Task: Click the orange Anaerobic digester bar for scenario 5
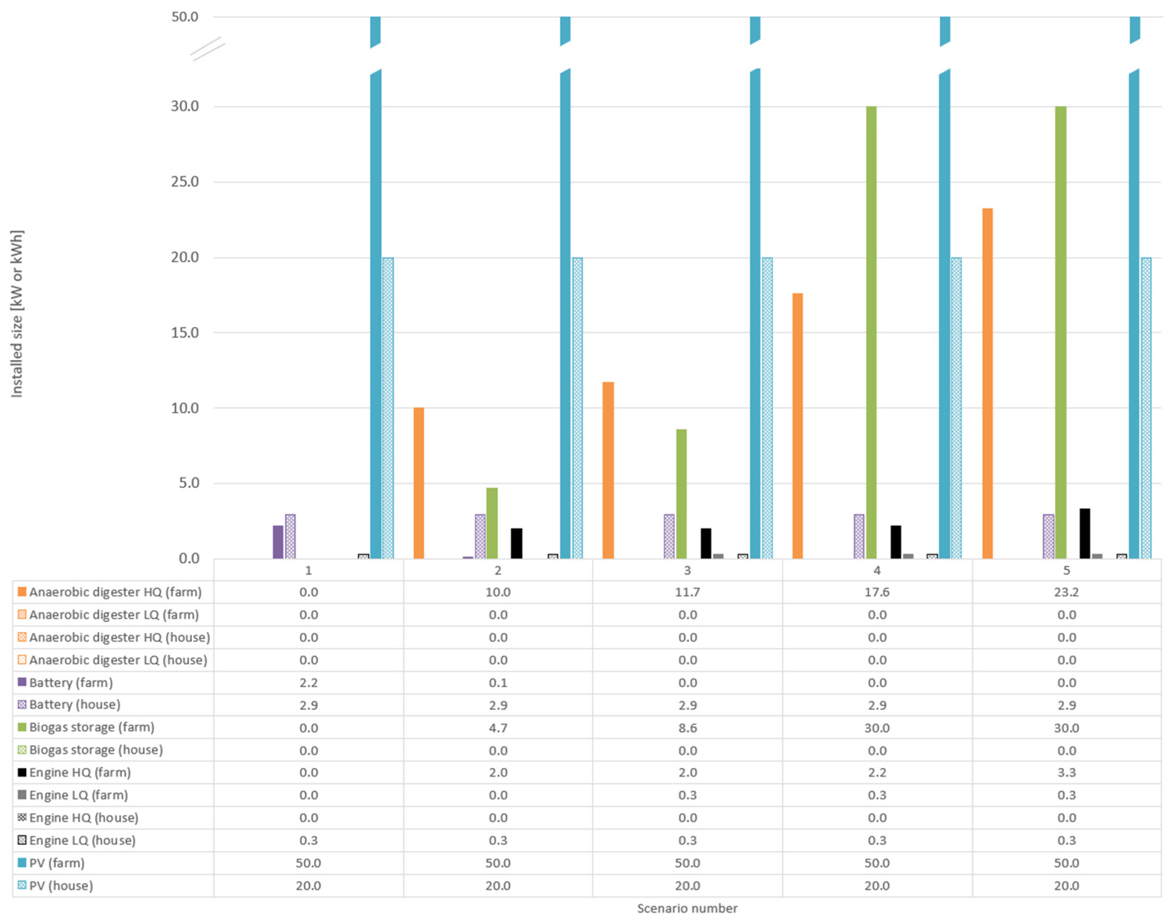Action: pos(987,383)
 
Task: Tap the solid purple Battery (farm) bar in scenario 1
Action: pos(278,542)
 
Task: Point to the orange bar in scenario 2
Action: pos(419,483)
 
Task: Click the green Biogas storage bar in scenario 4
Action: pos(871,332)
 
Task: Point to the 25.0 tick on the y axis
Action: pos(185,182)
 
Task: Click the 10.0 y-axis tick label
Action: pos(185,408)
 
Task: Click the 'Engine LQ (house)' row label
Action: pos(82,840)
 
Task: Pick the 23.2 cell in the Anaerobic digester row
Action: pos(1066,592)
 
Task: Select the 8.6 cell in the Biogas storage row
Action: pos(688,728)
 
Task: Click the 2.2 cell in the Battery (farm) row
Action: pos(308,682)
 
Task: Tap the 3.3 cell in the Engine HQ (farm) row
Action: pos(1066,773)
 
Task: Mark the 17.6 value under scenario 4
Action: pos(877,592)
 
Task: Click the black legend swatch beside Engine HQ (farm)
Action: pos(22,772)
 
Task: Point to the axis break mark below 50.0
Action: pos(208,49)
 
